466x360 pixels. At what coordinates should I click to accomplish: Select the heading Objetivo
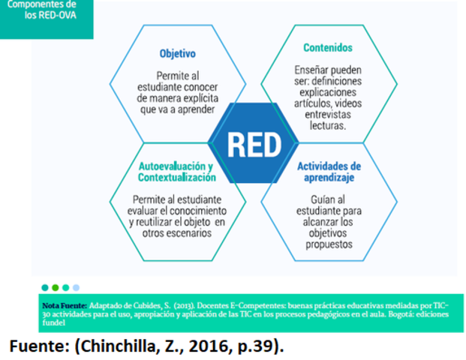(178, 54)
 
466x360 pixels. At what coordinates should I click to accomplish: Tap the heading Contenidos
(328, 47)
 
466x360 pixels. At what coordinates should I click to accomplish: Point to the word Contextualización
(177, 177)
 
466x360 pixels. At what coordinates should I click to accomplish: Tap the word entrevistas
(328, 113)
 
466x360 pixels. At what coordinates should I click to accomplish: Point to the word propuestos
(328, 244)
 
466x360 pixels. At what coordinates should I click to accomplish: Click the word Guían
(311, 199)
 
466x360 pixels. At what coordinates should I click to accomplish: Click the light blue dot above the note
(76, 287)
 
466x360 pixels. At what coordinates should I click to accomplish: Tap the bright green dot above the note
(65, 287)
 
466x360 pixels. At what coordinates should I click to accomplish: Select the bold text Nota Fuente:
(65, 306)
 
